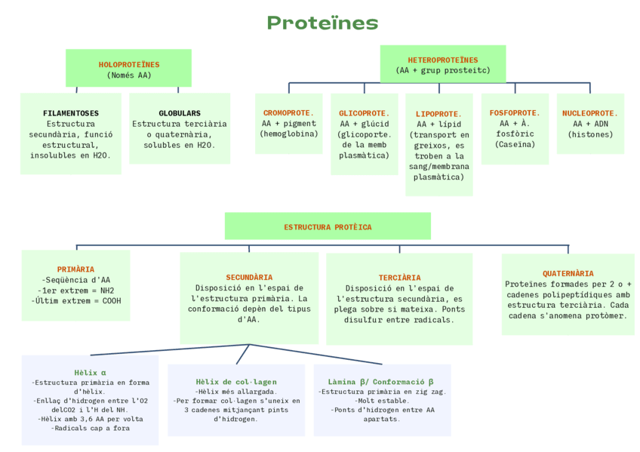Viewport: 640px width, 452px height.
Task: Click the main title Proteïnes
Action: click(322, 23)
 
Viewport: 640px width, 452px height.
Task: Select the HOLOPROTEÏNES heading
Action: click(129, 65)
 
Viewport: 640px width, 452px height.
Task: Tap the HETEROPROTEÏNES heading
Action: click(443, 60)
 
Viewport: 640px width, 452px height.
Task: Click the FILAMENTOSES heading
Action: click(71, 113)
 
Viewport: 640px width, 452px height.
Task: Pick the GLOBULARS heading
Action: click(180, 113)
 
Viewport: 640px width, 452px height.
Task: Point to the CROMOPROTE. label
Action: click(288, 113)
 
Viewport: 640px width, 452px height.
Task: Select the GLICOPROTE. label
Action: click(364, 113)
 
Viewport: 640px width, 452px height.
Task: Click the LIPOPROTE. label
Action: click(438, 114)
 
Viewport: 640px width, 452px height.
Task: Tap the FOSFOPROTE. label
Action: click(515, 113)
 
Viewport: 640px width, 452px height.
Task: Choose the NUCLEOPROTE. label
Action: click(590, 113)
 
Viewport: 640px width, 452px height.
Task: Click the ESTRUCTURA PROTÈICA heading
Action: click(328, 226)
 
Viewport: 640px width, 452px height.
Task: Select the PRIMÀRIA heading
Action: click(75, 269)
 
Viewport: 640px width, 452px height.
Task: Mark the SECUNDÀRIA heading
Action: click(249, 278)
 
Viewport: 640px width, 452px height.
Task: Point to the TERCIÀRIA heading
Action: click(399, 278)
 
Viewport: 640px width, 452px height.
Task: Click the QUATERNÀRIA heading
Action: click(568, 273)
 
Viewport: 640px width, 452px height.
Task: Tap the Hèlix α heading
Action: click(90, 373)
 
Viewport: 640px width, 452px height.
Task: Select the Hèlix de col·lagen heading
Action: click(236, 382)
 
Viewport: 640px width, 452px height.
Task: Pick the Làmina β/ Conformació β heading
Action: click(381, 382)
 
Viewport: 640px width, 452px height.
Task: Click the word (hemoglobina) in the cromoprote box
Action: click(288, 134)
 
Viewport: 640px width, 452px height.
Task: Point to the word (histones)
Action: click(590, 134)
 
